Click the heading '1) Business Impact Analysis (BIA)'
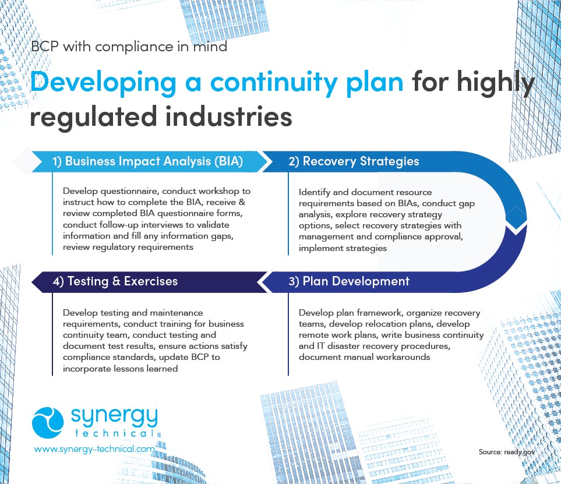(154, 161)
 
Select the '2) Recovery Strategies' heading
(354, 161)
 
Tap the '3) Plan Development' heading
(349, 281)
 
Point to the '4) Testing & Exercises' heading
(115, 281)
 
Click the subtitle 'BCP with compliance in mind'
(128, 47)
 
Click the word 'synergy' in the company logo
(114, 417)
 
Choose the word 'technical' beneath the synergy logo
(114, 434)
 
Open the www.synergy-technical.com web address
(94, 449)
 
